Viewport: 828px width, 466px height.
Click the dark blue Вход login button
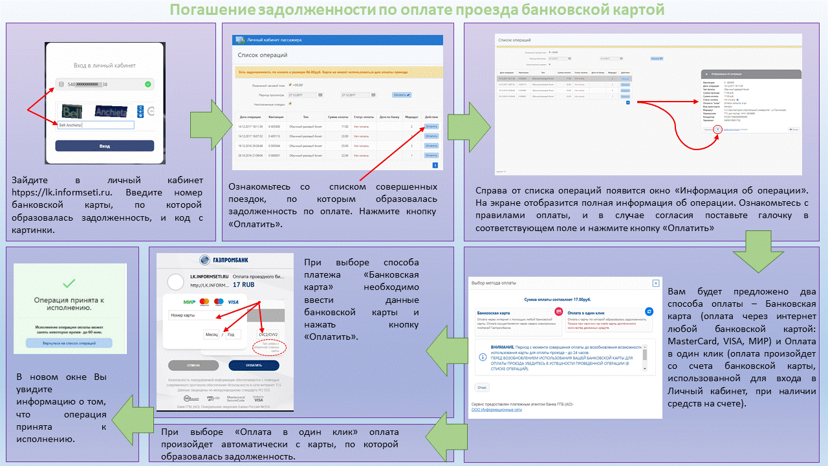tap(104, 146)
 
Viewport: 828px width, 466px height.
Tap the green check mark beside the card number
tap(148, 84)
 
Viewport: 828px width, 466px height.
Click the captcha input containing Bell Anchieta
tap(95, 125)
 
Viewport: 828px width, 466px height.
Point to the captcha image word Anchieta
tap(112, 111)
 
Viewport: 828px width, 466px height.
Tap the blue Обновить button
tap(402, 95)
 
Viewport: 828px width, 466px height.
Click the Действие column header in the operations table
tap(431, 116)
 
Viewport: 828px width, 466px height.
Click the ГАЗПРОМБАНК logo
tap(225, 260)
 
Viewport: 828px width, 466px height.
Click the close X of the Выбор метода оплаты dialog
tap(655, 283)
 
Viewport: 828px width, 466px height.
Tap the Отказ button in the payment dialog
tap(482, 387)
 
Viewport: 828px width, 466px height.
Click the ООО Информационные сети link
tap(496, 410)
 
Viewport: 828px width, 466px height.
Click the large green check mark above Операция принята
tap(70, 283)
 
